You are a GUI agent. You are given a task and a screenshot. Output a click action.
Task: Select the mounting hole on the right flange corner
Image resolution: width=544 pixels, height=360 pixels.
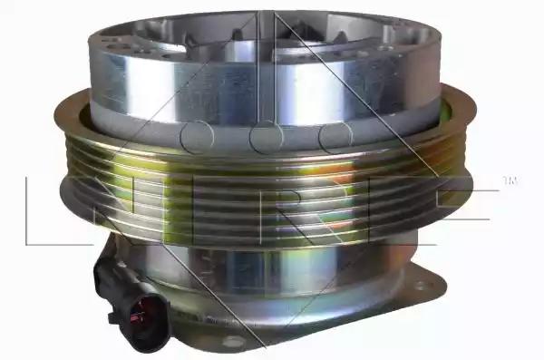click(422, 286)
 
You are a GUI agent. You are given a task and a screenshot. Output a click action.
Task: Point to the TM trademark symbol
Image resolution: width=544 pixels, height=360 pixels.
click(510, 181)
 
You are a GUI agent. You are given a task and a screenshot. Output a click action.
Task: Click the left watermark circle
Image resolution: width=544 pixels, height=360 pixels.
click(197, 136)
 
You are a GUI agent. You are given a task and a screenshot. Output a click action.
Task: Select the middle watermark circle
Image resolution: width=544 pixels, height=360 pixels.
click(267, 137)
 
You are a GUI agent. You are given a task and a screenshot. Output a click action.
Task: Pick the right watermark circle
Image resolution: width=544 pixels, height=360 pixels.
click(335, 137)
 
